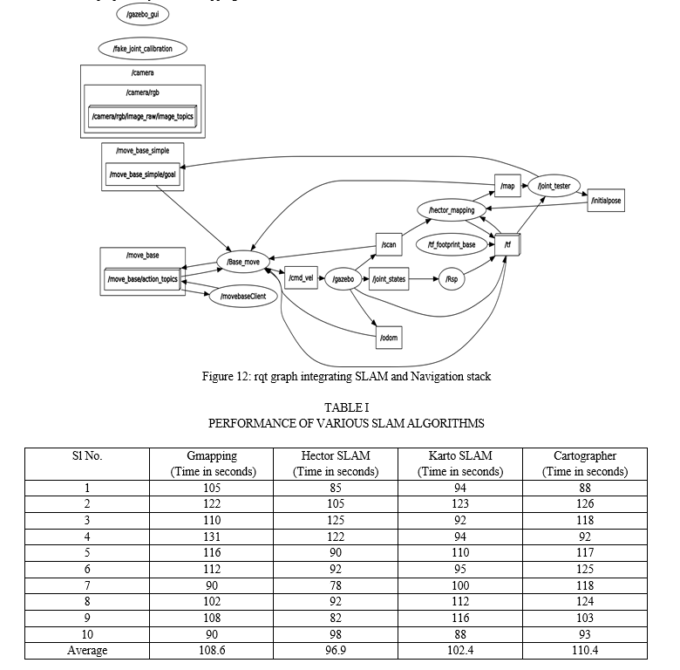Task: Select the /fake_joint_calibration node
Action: tap(143, 48)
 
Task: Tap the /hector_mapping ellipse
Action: tap(452, 210)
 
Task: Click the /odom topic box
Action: tap(389, 337)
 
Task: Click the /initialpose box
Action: tap(606, 201)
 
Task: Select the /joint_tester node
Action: tap(554, 186)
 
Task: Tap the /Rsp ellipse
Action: tap(451, 279)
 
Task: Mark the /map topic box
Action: tap(507, 186)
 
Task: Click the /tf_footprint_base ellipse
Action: tap(451, 245)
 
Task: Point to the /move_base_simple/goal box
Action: tap(143, 174)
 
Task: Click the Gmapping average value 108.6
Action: tap(212, 651)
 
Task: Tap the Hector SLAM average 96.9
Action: tap(336, 651)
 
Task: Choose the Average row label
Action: tap(87, 651)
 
